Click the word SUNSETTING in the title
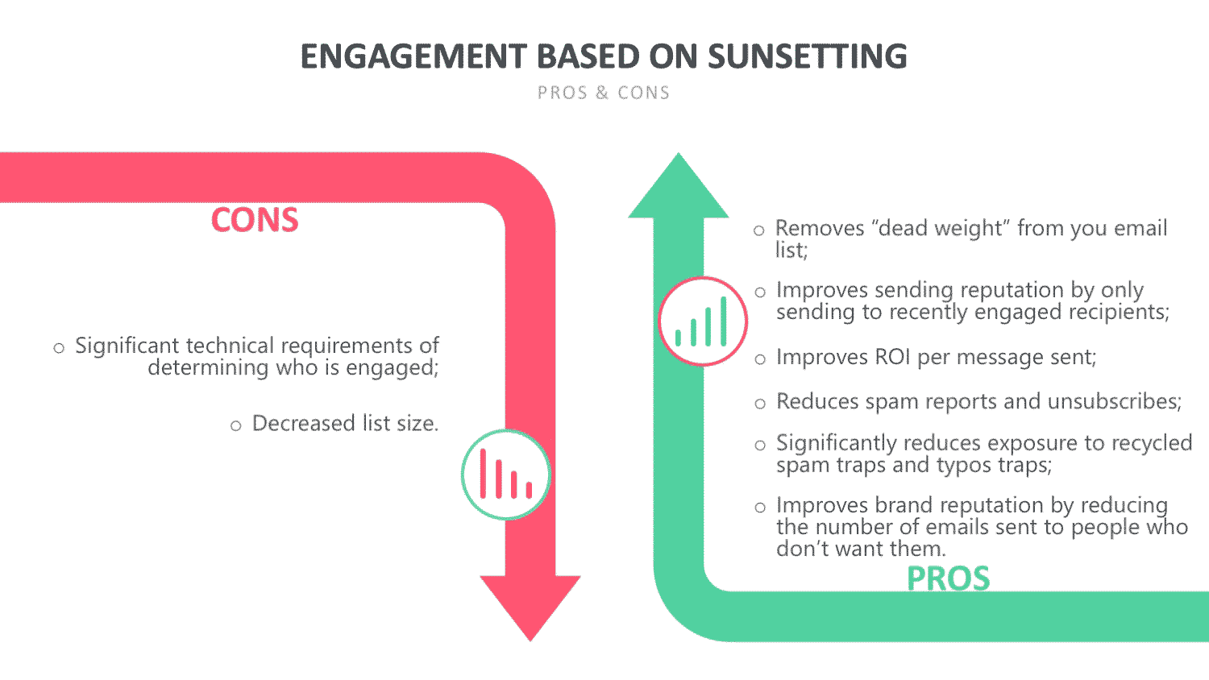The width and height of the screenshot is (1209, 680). click(x=807, y=56)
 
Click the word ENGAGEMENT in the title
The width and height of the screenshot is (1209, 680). click(x=413, y=56)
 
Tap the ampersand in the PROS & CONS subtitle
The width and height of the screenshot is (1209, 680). click(x=602, y=93)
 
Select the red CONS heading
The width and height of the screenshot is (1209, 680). click(x=254, y=220)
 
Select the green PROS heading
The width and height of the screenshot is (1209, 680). click(x=949, y=578)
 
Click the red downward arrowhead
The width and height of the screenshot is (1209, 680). click(x=530, y=604)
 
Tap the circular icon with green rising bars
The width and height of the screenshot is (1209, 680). click(x=703, y=321)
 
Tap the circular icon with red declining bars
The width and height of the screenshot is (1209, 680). click(x=505, y=475)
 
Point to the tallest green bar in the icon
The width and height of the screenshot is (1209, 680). click(x=723, y=321)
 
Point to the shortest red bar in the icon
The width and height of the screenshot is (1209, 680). click(x=529, y=490)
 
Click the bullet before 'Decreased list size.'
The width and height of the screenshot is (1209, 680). click(x=236, y=426)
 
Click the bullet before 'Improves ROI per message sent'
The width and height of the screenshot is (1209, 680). click(x=760, y=359)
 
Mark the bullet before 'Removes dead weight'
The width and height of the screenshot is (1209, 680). click(x=759, y=231)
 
